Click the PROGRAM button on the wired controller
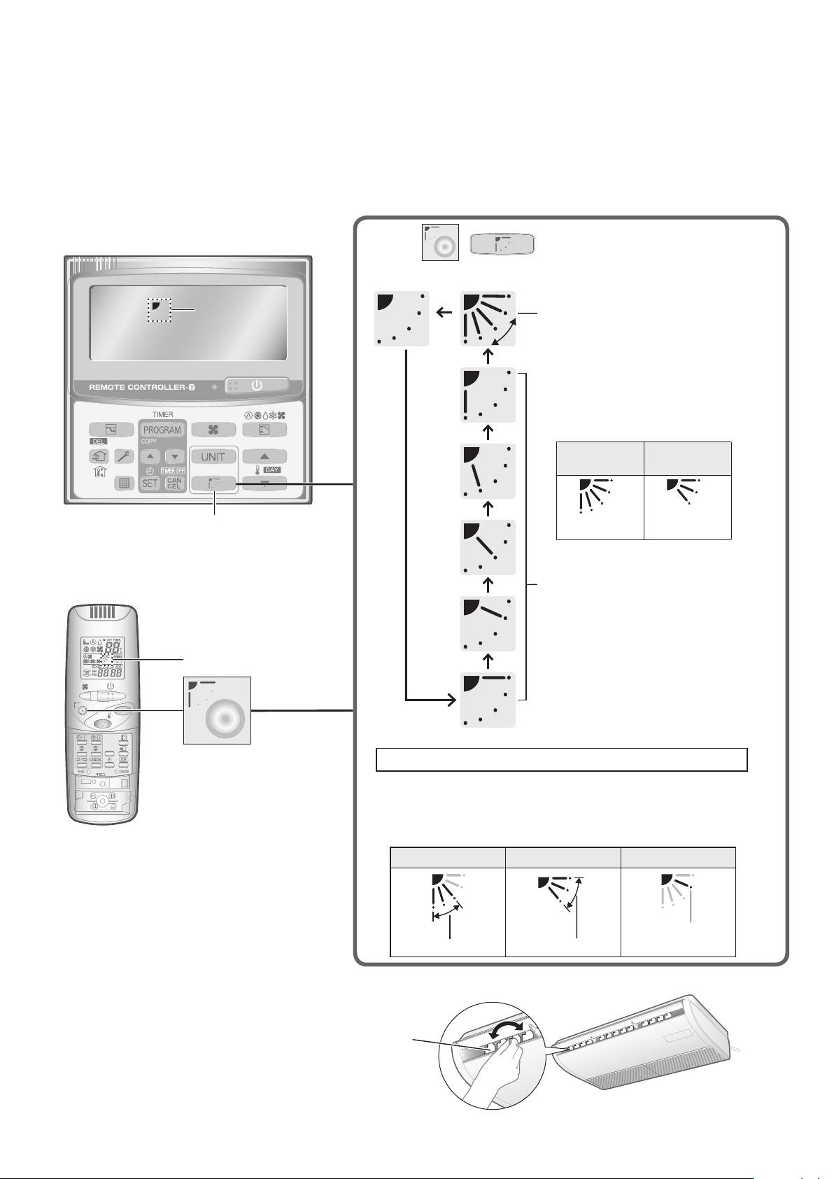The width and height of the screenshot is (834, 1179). (x=162, y=430)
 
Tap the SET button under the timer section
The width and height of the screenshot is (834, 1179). (x=150, y=483)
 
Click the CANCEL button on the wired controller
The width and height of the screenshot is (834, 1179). (x=174, y=483)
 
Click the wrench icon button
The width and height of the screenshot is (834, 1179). (x=124, y=456)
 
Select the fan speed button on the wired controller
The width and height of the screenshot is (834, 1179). (x=213, y=430)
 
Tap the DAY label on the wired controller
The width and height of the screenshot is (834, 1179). (x=271, y=470)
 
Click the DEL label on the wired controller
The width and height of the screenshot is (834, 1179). (x=97, y=442)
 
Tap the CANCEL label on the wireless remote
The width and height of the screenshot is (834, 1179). (x=95, y=759)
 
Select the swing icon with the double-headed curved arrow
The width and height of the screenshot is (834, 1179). (x=489, y=318)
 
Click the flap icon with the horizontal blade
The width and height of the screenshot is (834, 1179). (x=489, y=700)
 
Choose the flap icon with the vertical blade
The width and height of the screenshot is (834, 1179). (x=489, y=395)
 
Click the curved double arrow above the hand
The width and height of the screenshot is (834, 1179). (x=506, y=1030)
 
